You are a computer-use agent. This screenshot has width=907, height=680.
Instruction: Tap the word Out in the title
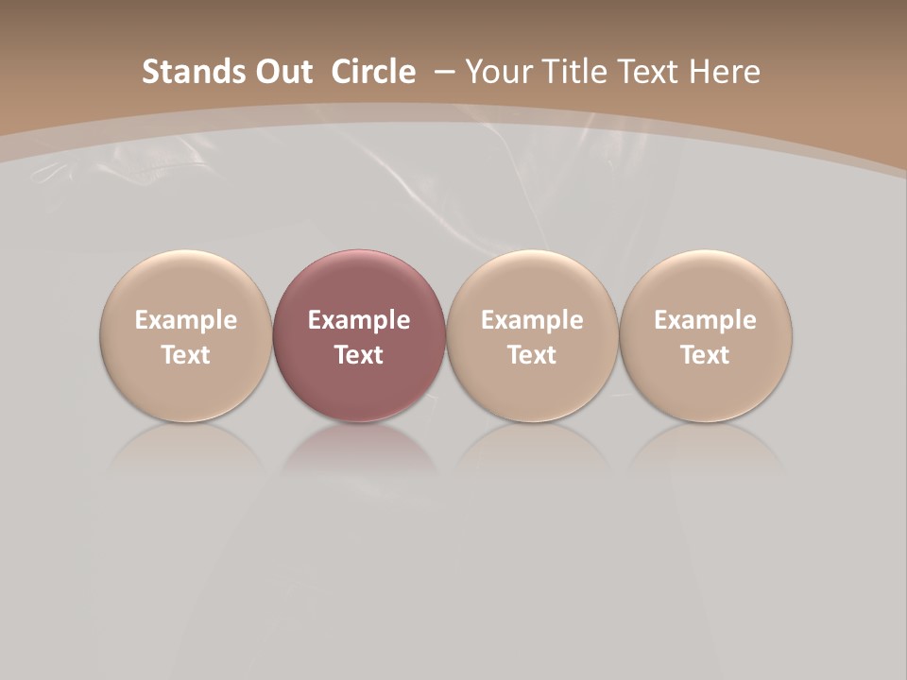pos(282,72)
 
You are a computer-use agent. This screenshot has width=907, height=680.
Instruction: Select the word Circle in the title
pos(373,72)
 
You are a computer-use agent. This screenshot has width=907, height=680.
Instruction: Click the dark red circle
pos(359,335)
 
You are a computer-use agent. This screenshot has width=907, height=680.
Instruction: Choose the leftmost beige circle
pos(185,335)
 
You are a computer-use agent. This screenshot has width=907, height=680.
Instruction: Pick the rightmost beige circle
pos(705,335)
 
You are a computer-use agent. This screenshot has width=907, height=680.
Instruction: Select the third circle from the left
pos(532,335)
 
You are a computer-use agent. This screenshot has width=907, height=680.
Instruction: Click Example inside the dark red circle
pos(359,320)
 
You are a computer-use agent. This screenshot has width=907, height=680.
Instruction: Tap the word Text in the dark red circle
pos(359,355)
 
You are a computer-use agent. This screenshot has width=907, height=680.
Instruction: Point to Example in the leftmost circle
pos(185,320)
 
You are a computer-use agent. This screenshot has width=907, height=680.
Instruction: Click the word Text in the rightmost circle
pos(705,355)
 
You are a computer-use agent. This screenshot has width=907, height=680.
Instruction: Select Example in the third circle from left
pos(532,320)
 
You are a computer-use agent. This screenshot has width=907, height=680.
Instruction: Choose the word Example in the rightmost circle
pos(705,320)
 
